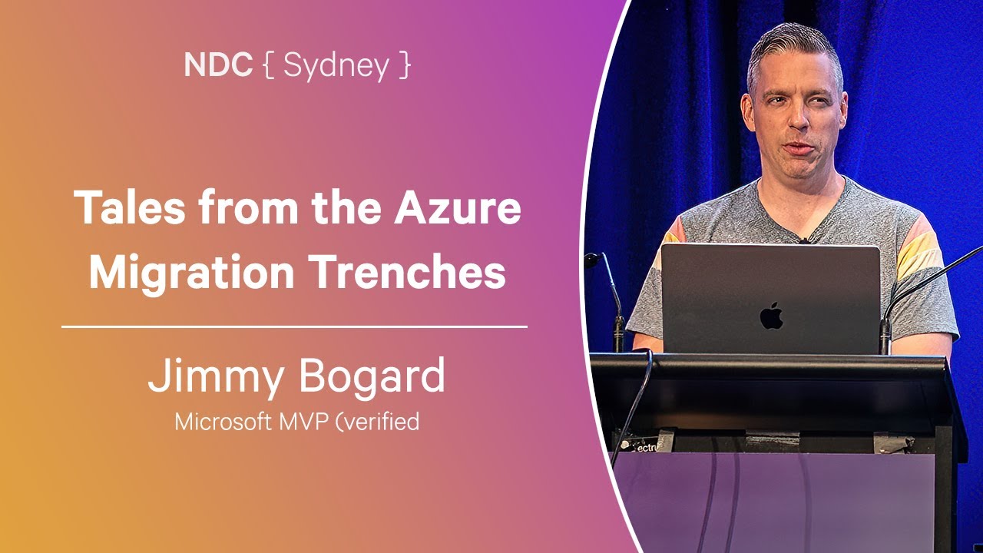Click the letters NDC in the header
coord(218,65)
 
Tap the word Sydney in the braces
coord(336,67)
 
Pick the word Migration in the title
coord(192,272)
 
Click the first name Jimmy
coord(216,377)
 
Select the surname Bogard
coord(372,377)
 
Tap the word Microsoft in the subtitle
coord(223,422)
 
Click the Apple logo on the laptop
coord(772,315)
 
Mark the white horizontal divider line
coord(294,326)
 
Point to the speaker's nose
coord(798,114)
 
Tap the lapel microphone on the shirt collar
coord(804,240)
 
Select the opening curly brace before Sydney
coord(269,65)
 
